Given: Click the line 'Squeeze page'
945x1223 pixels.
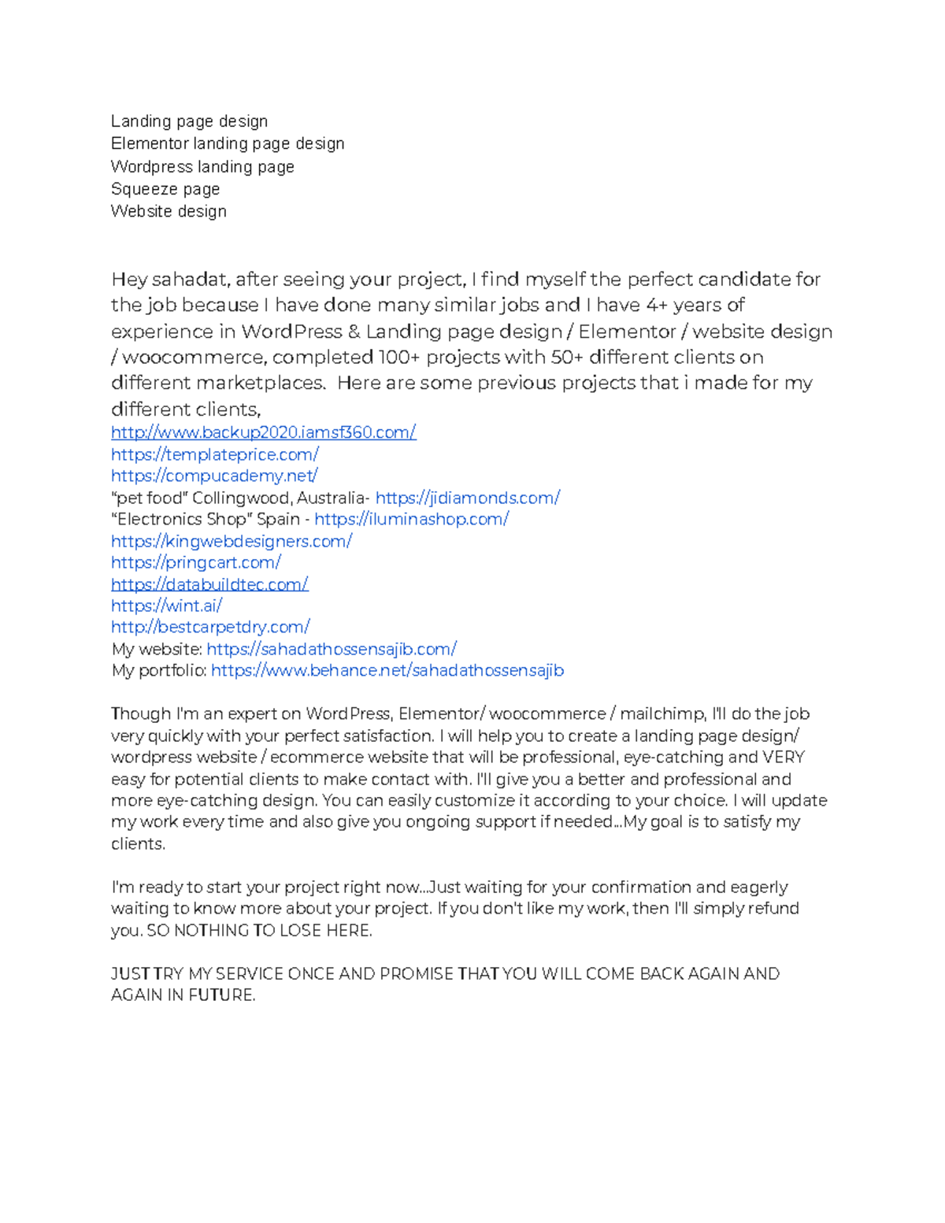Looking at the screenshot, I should pyautogui.click(x=165, y=189).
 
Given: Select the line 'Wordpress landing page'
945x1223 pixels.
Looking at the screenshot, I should pyautogui.click(x=202, y=167).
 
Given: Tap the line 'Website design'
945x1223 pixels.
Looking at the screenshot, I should pyautogui.click(x=169, y=211).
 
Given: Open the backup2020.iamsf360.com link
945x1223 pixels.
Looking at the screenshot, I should pyautogui.click(x=263, y=432).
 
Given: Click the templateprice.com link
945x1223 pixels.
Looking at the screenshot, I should pyautogui.click(x=214, y=454).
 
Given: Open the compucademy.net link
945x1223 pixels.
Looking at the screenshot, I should pyautogui.click(x=214, y=476).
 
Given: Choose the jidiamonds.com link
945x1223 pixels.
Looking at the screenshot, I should pyautogui.click(x=468, y=498).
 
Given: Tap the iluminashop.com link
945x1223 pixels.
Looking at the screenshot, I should pyautogui.click(x=411, y=519).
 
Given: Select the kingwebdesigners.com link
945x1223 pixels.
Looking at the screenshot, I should pyautogui.click(x=232, y=541).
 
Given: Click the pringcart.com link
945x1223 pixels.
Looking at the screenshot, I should pyautogui.click(x=196, y=562).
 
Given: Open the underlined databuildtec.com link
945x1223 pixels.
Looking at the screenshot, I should pyautogui.click(x=209, y=584).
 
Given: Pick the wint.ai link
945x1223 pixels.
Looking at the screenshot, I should pyautogui.click(x=167, y=606).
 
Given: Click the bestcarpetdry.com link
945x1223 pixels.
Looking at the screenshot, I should pyautogui.click(x=210, y=627).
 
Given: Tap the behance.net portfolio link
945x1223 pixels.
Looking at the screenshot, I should pyautogui.click(x=387, y=670).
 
